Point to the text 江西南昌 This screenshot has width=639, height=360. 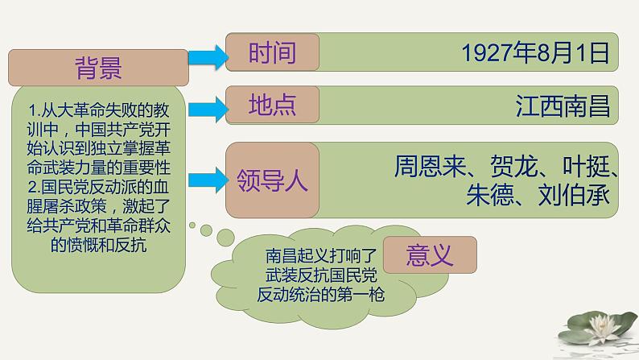tap(563, 106)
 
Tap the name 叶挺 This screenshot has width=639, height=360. tap(584, 166)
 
